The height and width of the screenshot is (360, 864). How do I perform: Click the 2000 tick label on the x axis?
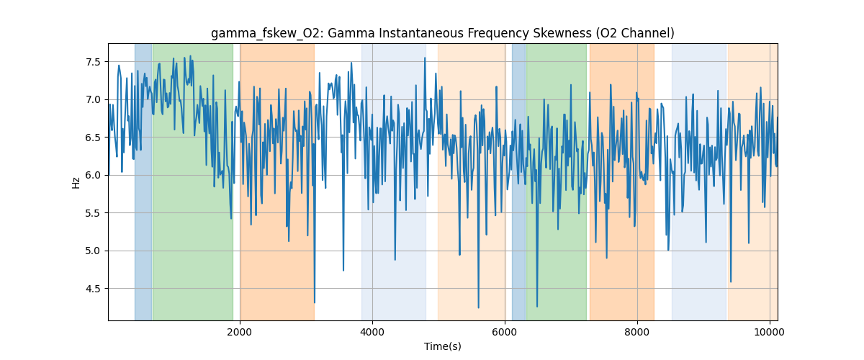point(240,332)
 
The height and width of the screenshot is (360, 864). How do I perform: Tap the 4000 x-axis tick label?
point(372,332)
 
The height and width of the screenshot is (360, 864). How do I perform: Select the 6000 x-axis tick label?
point(505,332)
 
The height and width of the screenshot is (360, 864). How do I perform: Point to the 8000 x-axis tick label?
point(637,332)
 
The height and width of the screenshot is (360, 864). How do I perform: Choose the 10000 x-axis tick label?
point(770,332)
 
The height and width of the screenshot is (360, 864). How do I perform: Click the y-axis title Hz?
point(76,182)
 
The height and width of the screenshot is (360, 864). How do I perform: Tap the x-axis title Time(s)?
point(443,346)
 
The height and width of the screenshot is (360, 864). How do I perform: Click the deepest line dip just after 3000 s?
point(315,302)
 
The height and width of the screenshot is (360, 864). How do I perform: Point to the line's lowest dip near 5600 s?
point(478,307)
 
